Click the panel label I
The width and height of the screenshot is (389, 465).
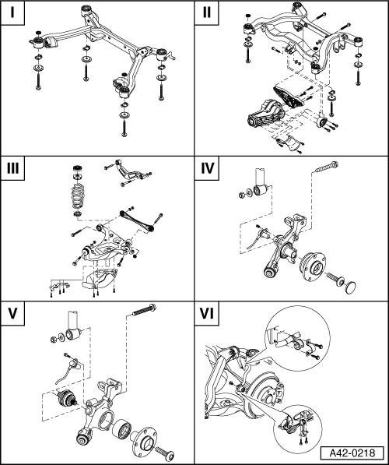tap(12, 12)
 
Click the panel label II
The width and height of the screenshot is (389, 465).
tap(207, 12)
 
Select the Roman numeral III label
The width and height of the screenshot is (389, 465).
tap(12, 168)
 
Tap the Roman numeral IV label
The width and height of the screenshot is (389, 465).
tap(208, 168)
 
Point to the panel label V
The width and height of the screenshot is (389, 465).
tap(12, 313)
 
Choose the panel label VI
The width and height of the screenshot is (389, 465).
tap(207, 313)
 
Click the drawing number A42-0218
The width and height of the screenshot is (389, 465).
tap(352, 453)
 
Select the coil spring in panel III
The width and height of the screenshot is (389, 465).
tap(78, 196)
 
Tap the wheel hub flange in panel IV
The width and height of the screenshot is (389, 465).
tap(314, 266)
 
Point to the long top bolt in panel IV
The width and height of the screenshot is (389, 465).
tap(327, 167)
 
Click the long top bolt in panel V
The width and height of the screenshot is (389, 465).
tap(144, 309)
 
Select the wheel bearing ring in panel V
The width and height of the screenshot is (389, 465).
tap(121, 429)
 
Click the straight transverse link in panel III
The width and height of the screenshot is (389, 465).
tap(137, 220)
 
